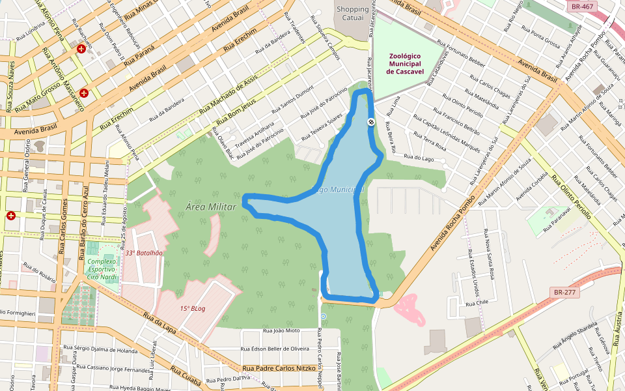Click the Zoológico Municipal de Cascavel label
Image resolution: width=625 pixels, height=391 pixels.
point(408,64)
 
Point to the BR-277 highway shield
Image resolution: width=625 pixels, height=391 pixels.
point(563,292)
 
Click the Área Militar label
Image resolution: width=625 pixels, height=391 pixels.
point(210,206)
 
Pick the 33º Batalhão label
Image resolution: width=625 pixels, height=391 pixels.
point(144,253)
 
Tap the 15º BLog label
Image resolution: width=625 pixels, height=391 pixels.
point(193,308)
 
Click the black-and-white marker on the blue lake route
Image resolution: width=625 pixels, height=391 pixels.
point(371,122)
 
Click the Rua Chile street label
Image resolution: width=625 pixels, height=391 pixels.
point(477,302)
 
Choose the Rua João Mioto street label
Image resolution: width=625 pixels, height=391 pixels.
point(281,331)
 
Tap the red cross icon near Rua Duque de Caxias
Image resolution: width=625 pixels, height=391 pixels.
point(11,216)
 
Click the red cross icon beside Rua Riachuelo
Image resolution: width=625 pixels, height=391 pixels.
point(81,49)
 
